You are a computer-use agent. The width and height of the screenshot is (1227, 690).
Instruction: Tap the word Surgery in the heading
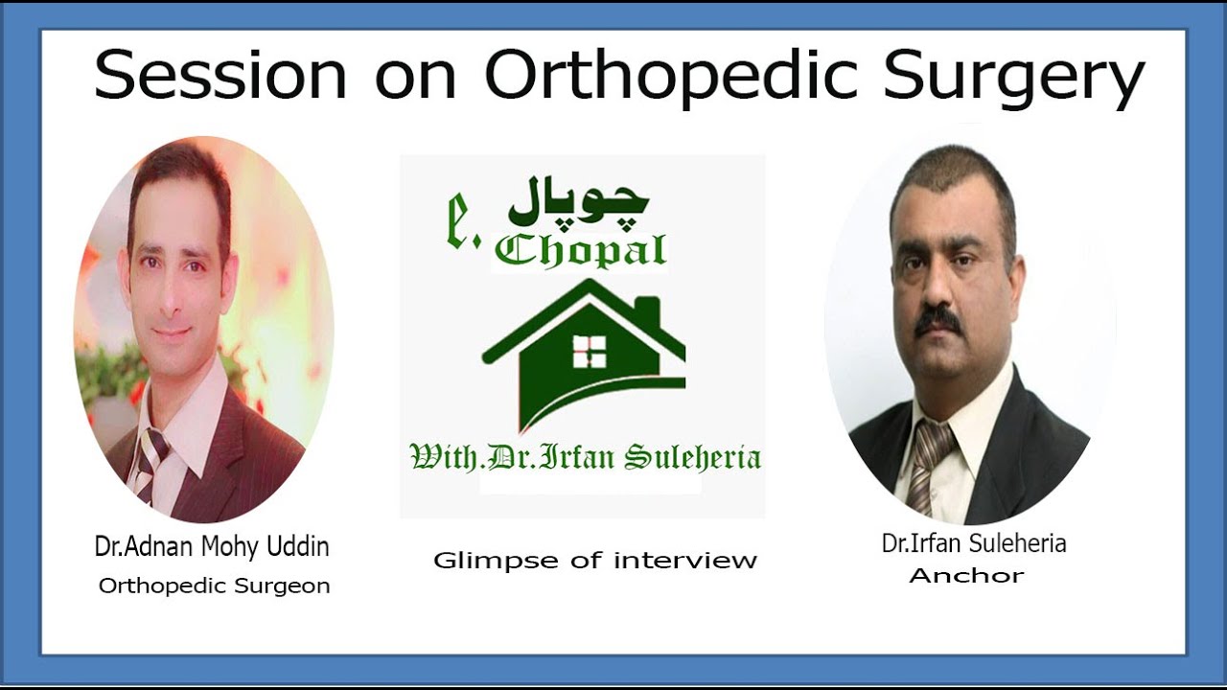click(x=1014, y=77)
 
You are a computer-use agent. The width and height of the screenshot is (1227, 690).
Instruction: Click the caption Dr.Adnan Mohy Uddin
click(x=212, y=547)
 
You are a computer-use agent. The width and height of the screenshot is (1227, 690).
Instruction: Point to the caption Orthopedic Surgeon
click(x=214, y=586)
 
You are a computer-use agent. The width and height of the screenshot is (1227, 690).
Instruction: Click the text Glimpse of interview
click(x=594, y=561)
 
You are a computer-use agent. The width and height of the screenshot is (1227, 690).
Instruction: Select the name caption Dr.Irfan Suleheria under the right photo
click(x=974, y=544)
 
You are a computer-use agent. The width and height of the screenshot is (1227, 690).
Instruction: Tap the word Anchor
click(x=966, y=576)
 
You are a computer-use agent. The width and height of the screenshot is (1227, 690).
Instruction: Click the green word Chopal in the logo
click(x=581, y=250)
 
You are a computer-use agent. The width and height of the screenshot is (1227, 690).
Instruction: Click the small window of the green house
click(x=589, y=352)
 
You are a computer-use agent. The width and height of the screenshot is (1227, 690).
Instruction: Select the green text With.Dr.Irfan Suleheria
click(x=585, y=457)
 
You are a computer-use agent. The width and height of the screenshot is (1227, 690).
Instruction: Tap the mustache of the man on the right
click(x=938, y=321)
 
